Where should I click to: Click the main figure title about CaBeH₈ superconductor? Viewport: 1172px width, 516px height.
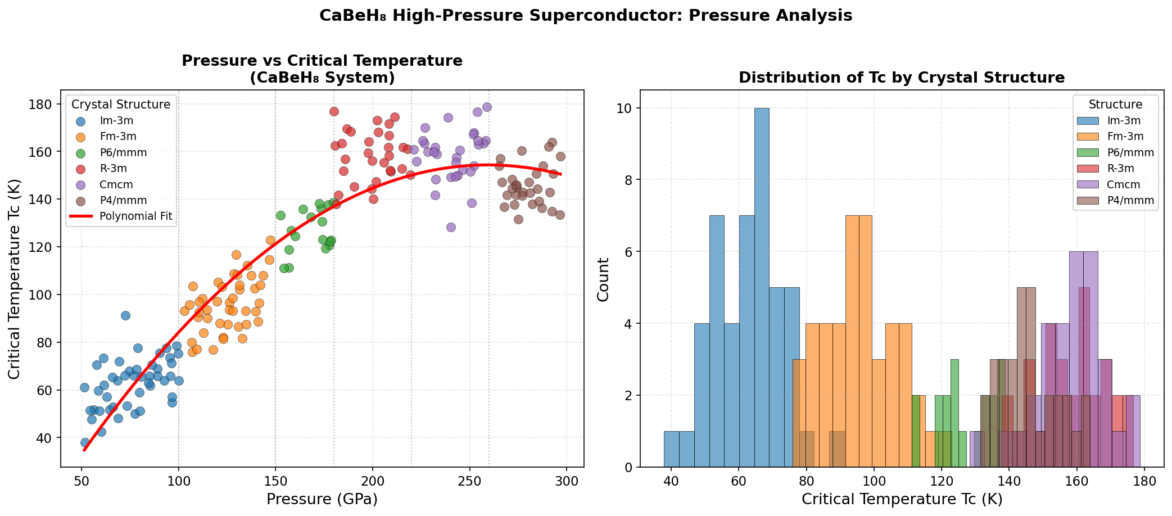586,16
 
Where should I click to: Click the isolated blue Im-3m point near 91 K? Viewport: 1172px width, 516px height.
125,315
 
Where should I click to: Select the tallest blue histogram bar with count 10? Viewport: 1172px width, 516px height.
762,287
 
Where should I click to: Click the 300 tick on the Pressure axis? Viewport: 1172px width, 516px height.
566,481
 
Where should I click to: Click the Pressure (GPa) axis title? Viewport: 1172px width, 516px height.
322,499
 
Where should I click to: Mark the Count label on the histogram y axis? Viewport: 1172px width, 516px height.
603,279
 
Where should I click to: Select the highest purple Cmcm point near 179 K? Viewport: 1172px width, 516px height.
487,107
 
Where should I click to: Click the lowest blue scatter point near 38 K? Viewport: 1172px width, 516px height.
85,442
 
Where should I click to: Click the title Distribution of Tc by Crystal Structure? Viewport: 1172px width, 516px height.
901,78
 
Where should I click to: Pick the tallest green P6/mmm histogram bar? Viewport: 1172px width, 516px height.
954,413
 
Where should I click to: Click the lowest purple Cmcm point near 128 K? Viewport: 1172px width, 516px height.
451,227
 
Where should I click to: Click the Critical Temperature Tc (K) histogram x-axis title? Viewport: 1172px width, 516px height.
902,499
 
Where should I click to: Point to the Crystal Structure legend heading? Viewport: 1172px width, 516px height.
121,105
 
